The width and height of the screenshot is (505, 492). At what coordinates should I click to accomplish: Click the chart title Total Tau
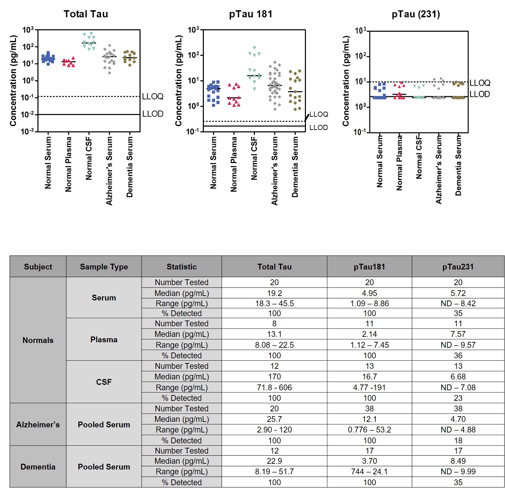pyautogui.click(x=86, y=14)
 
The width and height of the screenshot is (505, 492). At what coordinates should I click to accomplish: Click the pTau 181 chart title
pyautogui.click(x=250, y=14)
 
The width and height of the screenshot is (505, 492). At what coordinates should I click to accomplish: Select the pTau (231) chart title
pyautogui.click(x=416, y=14)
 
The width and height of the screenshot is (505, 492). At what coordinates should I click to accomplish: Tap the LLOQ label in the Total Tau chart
pyautogui.click(x=153, y=97)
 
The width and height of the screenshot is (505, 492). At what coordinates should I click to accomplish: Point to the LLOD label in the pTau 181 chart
pyautogui.click(x=319, y=128)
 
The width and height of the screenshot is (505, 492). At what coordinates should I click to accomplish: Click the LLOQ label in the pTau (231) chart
pyautogui.click(x=480, y=83)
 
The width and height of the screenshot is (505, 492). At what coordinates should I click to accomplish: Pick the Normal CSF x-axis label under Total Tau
pyautogui.click(x=89, y=158)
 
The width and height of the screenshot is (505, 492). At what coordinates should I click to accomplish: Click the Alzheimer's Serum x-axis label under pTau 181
pyautogui.click(x=275, y=170)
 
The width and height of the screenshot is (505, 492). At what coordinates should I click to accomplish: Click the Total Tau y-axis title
pyautogui.click(x=13, y=81)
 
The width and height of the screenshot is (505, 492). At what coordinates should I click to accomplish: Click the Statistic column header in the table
pyautogui.click(x=181, y=267)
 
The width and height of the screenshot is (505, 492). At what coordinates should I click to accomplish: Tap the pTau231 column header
pyautogui.click(x=458, y=267)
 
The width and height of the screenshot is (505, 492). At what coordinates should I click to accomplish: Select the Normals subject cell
pyautogui.click(x=38, y=340)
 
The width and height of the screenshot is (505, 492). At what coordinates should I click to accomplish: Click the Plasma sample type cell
pyautogui.click(x=104, y=340)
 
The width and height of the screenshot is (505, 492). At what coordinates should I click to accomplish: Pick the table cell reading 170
pyautogui.click(x=274, y=377)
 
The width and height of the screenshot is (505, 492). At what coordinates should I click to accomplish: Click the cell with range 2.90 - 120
pyautogui.click(x=274, y=430)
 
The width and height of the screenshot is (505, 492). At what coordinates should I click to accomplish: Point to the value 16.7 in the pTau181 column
pyautogui.click(x=369, y=377)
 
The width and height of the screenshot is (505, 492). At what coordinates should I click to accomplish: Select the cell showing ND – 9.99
pyautogui.click(x=458, y=472)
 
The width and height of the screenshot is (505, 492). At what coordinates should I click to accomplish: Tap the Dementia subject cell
pyautogui.click(x=38, y=467)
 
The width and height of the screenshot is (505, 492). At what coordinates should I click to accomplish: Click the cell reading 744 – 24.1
pyautogui.click(x=369, y=472)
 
